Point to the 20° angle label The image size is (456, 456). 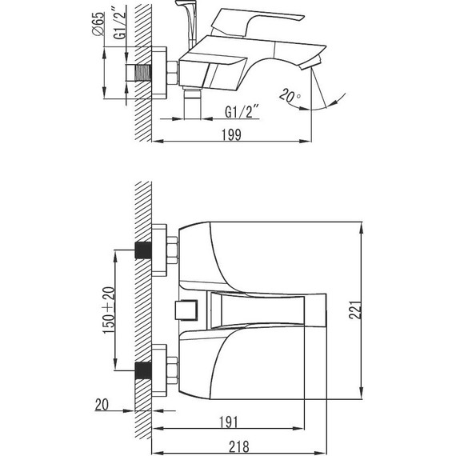pos(290,97)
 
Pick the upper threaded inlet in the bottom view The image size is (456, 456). pos(142,249)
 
